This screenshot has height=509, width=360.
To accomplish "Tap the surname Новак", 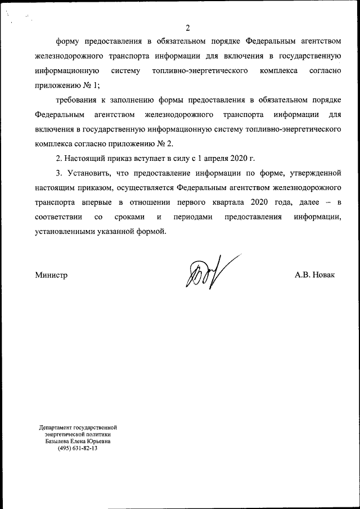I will (x=322, y=276).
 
